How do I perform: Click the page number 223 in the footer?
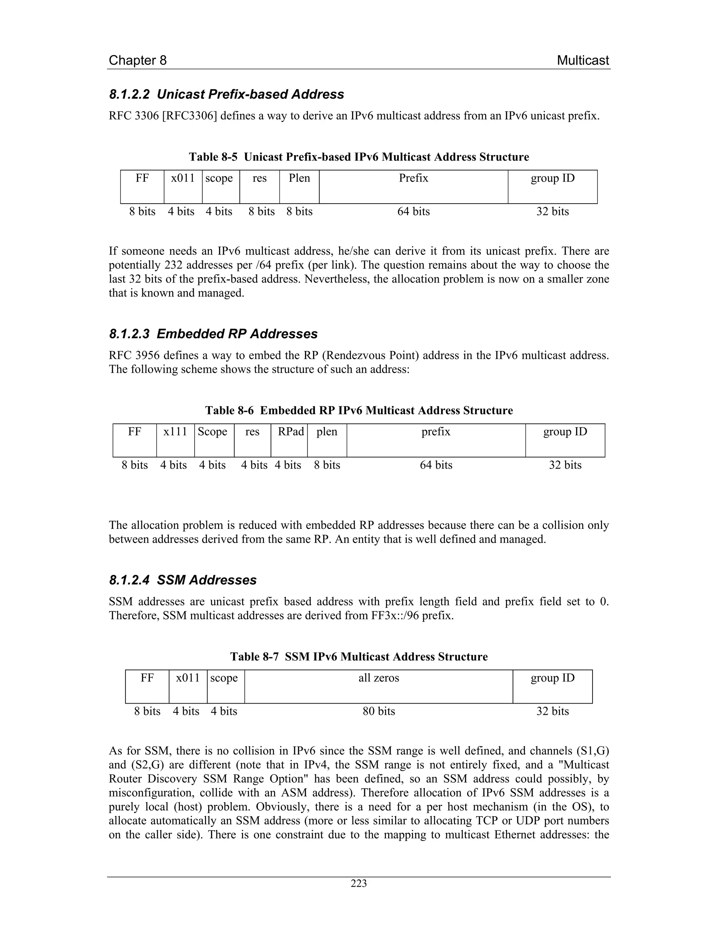pos(359,883)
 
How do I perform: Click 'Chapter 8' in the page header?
pos(137,60)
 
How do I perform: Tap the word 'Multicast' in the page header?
pos(583,60)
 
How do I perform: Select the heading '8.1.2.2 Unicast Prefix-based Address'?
pos(226,94)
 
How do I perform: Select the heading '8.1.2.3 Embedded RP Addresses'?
pos(213,333)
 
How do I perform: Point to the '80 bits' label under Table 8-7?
pos(379,711)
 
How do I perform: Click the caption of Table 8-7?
pos(359,656)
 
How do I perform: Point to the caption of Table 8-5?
pos(359,157)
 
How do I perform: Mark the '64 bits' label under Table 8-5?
pos(413,211)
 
